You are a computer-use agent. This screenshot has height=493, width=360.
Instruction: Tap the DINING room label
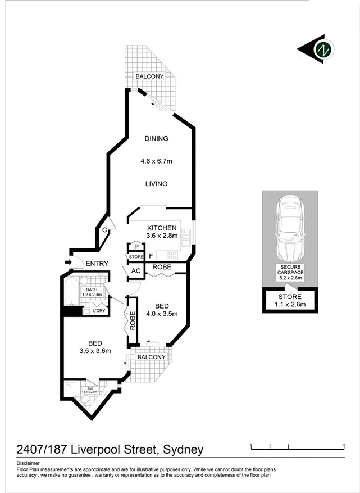tap(156, 139)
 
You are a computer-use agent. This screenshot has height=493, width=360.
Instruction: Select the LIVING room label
tap(156, 184)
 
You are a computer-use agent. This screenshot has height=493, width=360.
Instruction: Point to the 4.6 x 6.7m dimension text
tap(156, 161)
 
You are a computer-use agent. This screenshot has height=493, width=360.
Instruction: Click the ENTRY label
tap(97, 264)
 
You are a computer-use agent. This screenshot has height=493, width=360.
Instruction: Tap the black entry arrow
tap(69, 261)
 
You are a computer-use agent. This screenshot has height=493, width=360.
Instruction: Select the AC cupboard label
tap(136, 270)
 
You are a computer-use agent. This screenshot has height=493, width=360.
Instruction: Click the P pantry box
tap(136, 247)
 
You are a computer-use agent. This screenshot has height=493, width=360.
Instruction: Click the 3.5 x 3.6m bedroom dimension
tap(94, 351)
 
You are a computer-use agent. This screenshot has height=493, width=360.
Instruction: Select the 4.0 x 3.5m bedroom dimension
tap(158, 314)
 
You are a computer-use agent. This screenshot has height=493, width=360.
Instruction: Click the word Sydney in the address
tap(183, 449)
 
